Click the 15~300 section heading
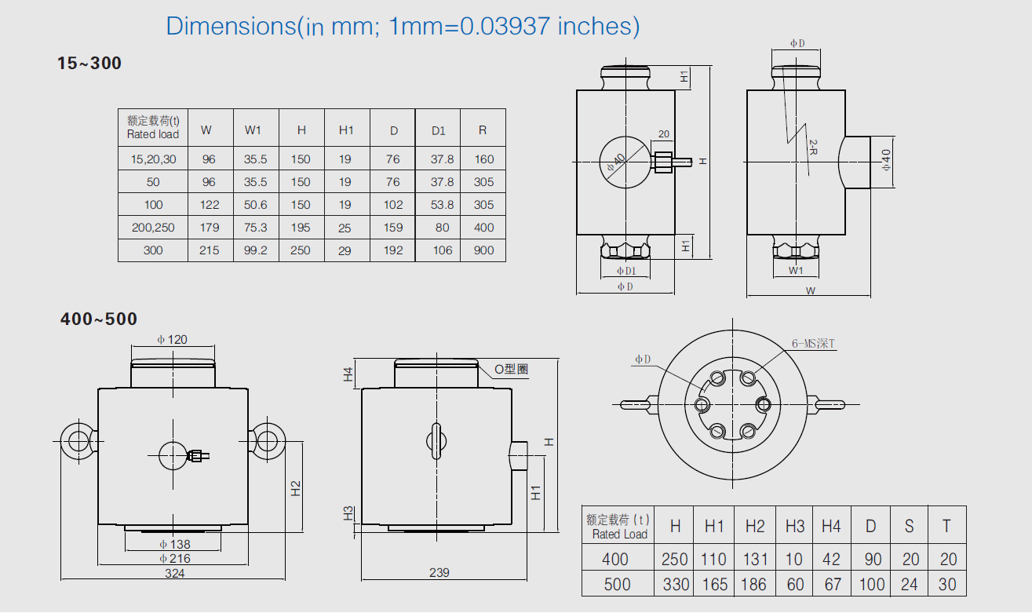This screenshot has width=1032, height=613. click(89, 64)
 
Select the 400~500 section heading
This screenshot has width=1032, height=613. click(99, 319)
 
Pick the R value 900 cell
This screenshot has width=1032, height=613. click(483, 250)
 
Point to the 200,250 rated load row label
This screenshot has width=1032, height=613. click(153, 228)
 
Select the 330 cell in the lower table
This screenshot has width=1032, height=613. click(675, 584)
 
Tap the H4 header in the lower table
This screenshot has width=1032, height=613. click(831, 526)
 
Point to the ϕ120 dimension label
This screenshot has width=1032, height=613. click(172, 340)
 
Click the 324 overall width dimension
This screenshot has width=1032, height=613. click(174, 574)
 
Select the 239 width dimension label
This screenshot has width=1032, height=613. click(439, 573)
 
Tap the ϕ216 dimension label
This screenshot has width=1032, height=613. click(174, 558)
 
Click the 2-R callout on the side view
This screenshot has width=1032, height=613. click(814, 149)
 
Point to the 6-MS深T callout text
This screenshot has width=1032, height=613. click(814, 343)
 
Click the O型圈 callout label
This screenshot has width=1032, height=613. click(511, 370)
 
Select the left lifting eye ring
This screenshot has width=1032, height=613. click(78, 440)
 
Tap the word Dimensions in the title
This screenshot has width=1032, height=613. click(230, 26)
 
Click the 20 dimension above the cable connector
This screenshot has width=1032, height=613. click(663, 134)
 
